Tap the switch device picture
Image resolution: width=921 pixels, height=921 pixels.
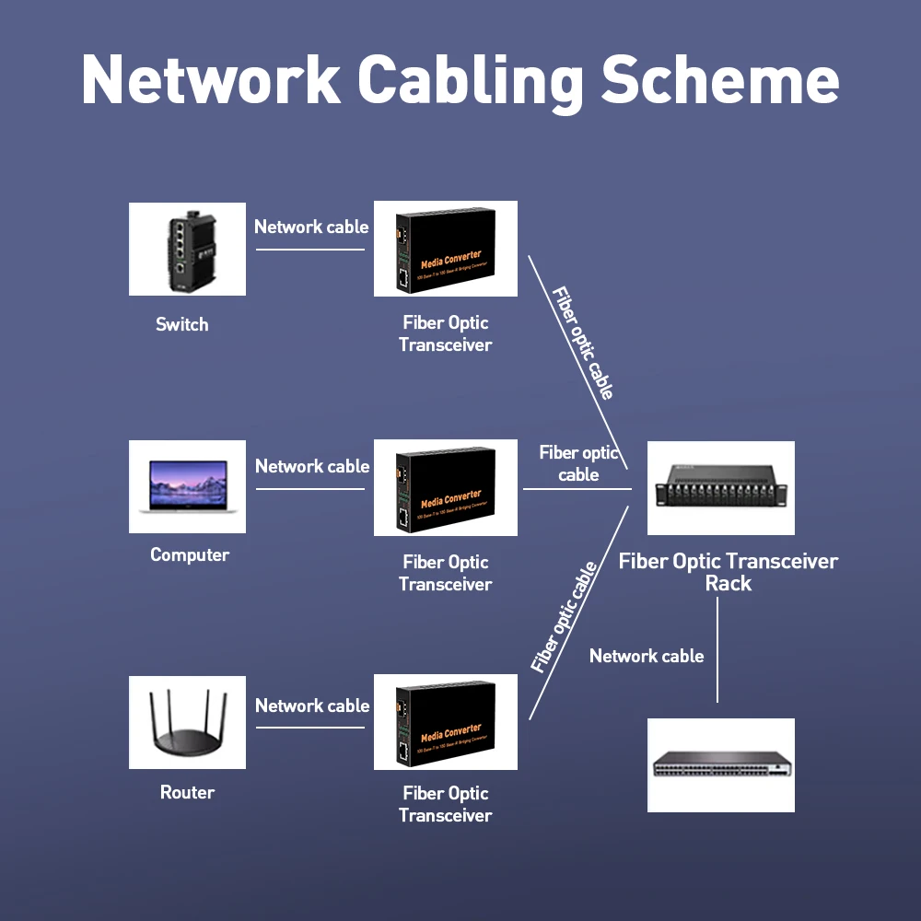point(187,249)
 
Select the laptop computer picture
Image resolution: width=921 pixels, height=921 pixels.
point(187,486)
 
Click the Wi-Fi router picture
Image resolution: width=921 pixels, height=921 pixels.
point(187,722)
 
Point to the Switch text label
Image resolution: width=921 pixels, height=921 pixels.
point(181,324)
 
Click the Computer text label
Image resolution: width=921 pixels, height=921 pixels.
point(189,554)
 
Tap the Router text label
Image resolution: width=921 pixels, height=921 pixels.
point(187,792)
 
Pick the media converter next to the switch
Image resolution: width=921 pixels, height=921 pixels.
point(446,249)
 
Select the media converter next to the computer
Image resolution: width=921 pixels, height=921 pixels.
point(446,488)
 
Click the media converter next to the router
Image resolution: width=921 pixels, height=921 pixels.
point(446,722)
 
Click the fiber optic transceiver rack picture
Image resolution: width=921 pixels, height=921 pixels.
point(720,488)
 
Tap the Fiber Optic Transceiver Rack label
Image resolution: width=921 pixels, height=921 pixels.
point(728,572)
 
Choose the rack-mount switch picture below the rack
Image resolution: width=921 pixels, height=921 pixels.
point(720,764)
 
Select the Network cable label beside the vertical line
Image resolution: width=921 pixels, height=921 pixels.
point(647,656)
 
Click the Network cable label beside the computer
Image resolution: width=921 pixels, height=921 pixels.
point(312,466)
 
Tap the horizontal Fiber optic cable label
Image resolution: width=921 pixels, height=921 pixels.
point(578,463)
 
